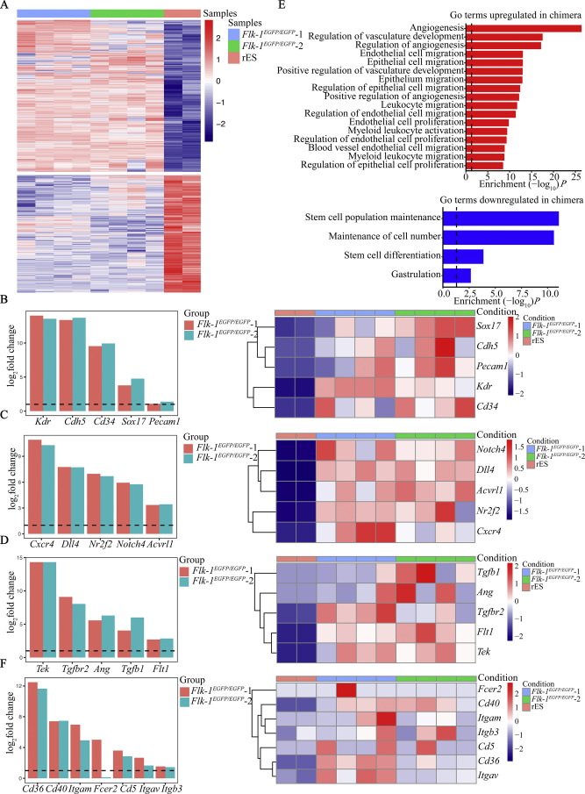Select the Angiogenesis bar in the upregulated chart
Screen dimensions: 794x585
(522, 27)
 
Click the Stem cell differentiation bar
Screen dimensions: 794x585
(465, 256)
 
